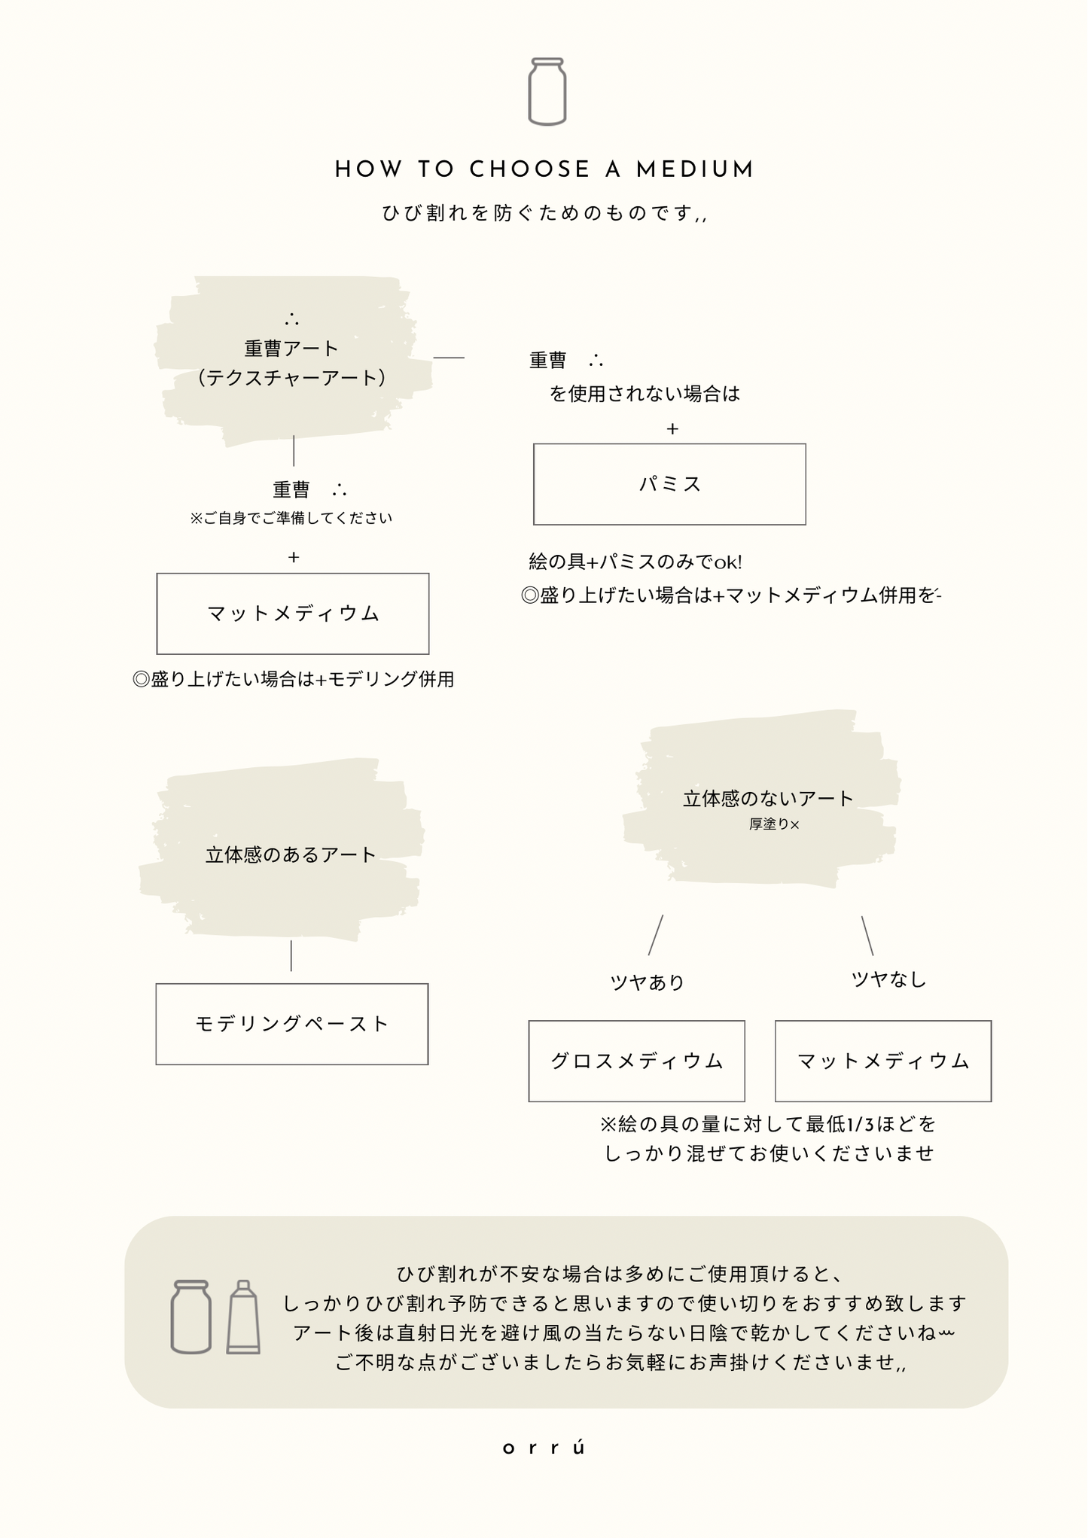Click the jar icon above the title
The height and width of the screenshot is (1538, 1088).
(x=547, y=91)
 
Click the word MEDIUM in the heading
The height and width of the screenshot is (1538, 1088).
(x=694, y=169)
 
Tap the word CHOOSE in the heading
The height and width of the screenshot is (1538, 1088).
(x=530, y=169)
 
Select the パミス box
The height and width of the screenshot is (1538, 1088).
(x=669, y=484)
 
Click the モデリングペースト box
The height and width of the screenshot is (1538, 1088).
(x=292, y=1024)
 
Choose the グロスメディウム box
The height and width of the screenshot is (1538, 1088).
(x=636, y=1061)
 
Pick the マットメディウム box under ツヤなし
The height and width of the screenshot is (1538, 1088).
(x=883, y=1061)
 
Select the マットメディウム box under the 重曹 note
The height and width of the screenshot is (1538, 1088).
(x=293, y=614)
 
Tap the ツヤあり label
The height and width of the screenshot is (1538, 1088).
(x=647, y=982)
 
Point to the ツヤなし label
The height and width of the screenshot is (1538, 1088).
(x=888, y=979)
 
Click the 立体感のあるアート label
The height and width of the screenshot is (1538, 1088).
(x=291, y=855)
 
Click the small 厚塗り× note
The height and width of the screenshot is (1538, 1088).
(x=774, y=824)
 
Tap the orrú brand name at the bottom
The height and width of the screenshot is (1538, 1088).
(x=544, y=1448)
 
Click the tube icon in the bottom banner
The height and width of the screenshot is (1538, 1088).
(x=243, y=1317)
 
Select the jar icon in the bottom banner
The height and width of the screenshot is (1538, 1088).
(x=191, y=1317)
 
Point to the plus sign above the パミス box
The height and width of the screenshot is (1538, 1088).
(x=672, y=429)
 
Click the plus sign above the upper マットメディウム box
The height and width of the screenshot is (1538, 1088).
(x=294, y=557)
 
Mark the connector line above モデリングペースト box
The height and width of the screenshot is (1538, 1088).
(x=291, y=955)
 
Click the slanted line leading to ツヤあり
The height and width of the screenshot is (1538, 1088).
(x=656, y=935)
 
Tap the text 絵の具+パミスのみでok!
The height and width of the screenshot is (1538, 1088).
(x=635, y=562)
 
